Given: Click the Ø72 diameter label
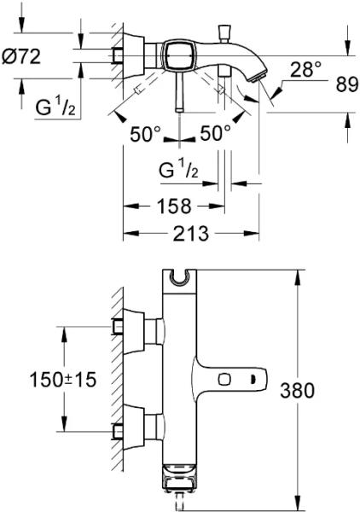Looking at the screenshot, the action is pos(21,56).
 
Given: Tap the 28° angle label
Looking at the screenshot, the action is pos(305,69).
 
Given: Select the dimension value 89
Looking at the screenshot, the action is pos(347,85).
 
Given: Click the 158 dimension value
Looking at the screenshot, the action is pos(174,206).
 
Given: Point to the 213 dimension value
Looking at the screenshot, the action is pos(190,234).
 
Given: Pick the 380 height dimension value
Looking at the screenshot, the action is pos(297,390).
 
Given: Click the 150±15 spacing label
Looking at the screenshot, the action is pos(63,380).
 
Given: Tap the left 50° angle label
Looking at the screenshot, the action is pos(145,134).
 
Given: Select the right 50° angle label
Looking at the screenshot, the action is pos(215,133).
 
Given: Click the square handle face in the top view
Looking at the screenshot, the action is pos(178,55).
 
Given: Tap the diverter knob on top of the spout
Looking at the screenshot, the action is pos(224,32).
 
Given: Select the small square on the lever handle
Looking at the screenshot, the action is pos(224,380).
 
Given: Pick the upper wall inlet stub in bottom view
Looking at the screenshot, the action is pos(118,327).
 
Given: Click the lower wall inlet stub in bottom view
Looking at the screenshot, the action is pos(118,431).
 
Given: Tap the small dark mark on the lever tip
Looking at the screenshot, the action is pos(252,380).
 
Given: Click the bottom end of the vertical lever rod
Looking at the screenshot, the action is pos(180,110).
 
